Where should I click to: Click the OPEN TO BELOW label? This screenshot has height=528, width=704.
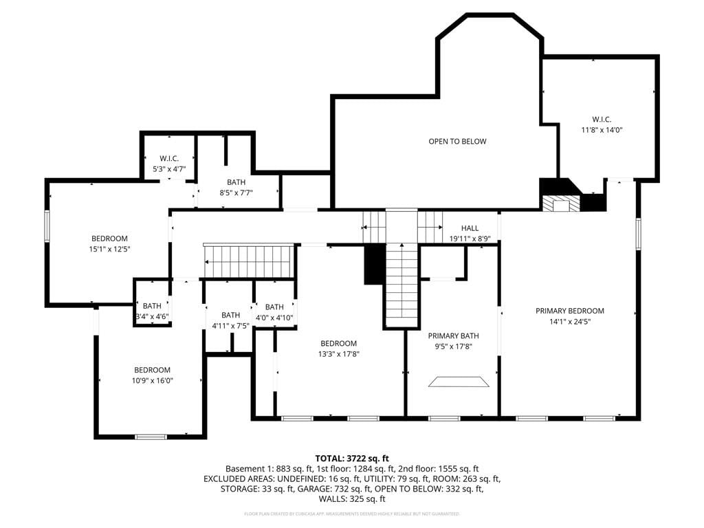coord(457,142)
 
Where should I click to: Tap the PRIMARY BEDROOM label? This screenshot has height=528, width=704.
coord(570,311)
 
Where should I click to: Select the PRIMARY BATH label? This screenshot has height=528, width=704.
coord(453,335)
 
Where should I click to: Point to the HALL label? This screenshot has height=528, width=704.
coord(470,228)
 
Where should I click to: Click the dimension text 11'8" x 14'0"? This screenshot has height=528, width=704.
coord(602,130)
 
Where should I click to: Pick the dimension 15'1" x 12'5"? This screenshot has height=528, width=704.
coord(109,249)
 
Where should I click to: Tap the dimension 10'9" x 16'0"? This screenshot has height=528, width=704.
coord(152,381)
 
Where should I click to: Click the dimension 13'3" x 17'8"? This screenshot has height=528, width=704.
coord(338,354)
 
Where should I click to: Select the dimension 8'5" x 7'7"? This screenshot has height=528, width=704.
coord(236,193)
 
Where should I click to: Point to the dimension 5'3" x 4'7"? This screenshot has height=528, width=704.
coord(169,169)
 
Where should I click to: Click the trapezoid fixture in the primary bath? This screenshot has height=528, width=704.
coord(459,382)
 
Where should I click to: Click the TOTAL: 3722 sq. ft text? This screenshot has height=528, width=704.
coord(352,459)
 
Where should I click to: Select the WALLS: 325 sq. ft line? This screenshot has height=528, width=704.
coord(352,499)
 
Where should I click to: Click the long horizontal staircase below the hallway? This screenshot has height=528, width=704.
coord(249,261)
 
